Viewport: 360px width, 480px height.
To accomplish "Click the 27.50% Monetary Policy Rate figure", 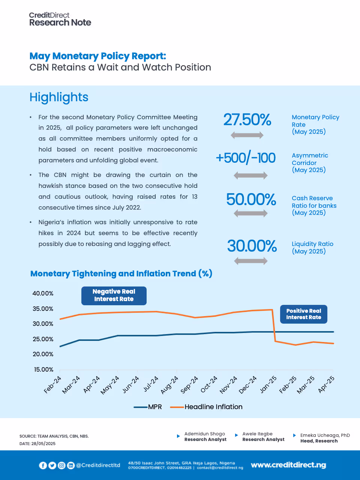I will [x=247, y=120].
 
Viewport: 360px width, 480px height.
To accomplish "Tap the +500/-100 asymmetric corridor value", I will [x=246, y=158].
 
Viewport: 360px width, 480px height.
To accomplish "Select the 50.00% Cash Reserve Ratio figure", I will [x=251, y=199].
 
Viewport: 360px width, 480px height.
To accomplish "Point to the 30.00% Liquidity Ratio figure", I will [x=252, y=246].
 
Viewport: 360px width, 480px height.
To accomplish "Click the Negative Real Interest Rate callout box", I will [x=114, y=295].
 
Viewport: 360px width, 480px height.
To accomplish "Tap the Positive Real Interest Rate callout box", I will [x=304, y=314].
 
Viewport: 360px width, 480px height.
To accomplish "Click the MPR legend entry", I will [x=148, y=407].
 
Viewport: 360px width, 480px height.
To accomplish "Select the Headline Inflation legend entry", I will [x=207, y=407].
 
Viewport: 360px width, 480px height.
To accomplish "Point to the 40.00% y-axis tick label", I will [x=43, y=293].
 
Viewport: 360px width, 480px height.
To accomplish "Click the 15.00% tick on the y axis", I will [x=43, y=369].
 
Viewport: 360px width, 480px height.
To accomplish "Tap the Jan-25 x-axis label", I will [x=268, y=384].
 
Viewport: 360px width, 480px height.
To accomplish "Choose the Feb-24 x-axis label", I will [x=52, y=384].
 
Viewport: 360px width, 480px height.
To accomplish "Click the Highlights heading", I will [x=59, y=97].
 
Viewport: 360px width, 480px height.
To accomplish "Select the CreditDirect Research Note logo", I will [x=60, y=19].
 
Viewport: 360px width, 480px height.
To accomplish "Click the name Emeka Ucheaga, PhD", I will [x=325, y=435].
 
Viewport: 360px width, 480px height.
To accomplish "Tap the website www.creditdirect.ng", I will [x=288, y=465].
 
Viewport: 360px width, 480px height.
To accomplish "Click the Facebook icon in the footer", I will [x=43, y=465].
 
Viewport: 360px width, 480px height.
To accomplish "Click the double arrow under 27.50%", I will [x=247, y=135].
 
